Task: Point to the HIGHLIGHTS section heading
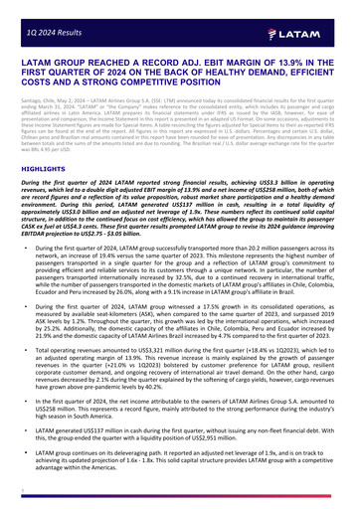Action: pos(42,170)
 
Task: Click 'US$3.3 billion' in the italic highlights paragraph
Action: pos(301,185)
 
